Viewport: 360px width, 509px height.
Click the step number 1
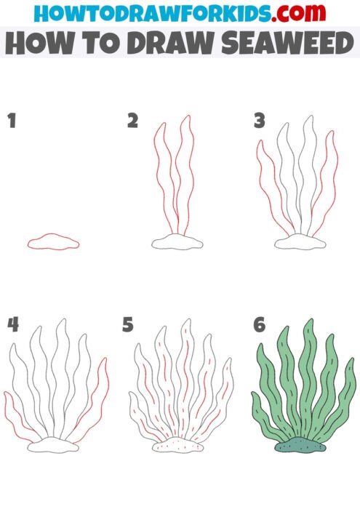tap(12, 121)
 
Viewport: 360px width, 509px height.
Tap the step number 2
tap(132, 121)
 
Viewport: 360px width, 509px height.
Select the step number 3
tap(259, 121)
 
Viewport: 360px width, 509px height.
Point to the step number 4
tap(12, 324)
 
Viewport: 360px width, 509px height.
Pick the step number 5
tap(128, 324)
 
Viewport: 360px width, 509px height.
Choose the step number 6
tap(259, 324)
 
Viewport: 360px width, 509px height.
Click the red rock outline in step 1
tap(53, 242)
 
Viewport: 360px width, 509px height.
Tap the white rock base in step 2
tap(177, 242)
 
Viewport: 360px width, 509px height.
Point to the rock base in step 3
tap(301, 242)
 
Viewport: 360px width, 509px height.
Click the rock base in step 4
tap(54, 446)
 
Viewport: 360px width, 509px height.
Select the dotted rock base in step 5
tap(177, 446)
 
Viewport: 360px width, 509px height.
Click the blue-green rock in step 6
tap(301, 446)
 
